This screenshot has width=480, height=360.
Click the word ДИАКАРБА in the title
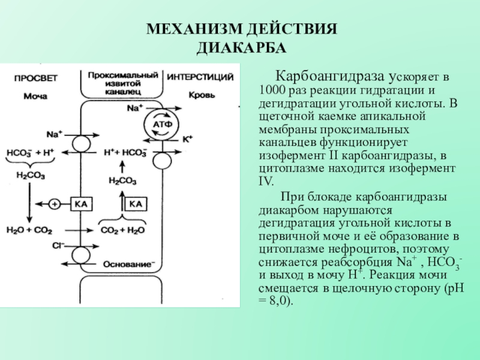[x=241, y=48]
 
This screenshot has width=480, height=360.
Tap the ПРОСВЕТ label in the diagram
[x=36, y=79]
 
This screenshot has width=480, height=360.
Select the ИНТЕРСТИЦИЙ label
[x=200, y=77]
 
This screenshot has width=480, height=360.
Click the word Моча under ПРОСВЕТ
[x=35, y=97]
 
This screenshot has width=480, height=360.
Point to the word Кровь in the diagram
[x=202, y=95]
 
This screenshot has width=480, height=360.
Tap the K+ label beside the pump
[x=188, y=139]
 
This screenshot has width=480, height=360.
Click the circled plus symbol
[x=55, y=204]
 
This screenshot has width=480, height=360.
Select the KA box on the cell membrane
[x=81, y=204]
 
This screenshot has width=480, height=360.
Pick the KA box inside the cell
[x=136, y=204]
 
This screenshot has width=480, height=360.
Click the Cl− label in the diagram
[x=58, y=245]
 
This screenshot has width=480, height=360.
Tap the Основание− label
[x=129, y=264]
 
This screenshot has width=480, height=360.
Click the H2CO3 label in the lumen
[x=31, y=176]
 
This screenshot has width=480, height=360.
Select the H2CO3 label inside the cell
[x=122, y=181]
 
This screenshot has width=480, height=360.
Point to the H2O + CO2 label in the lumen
[x=29, y=230]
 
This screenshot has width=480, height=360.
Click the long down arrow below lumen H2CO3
[x=29, y=203]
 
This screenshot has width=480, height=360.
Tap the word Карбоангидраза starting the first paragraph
[x=330, y=76]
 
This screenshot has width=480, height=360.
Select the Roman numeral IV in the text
[x=265, y=182]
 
